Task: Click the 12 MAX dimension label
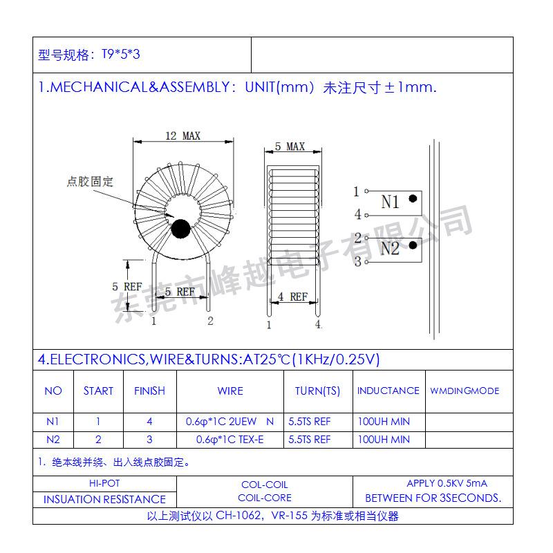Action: [x=182, y=135]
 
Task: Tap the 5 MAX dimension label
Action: [x=290, y=147]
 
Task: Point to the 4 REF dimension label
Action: [x=292, y=297]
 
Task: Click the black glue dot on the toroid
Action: [x=180, y=229]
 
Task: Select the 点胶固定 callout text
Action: [x=91, y=182]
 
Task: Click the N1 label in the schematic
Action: [x=390, y=202]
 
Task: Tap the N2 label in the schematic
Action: [x=390, y=248]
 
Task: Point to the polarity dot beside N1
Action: [x=413, y=198]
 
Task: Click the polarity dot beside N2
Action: [x=413, y=245]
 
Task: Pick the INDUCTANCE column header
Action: [x=388, y=391]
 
